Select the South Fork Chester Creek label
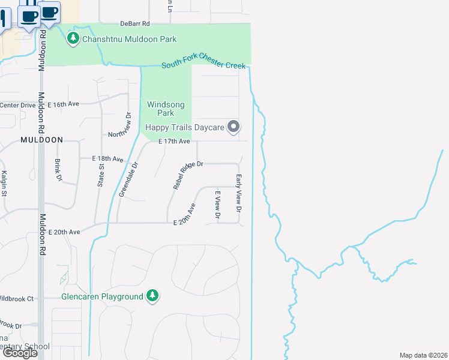[203, 65]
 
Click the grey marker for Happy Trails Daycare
[234, 127]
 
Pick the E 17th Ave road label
[174, 142]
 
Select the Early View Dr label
[238, 193]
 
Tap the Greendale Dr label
[128, 179]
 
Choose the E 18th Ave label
[107, 159]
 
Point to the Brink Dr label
[58, 170]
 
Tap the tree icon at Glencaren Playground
[153, 295]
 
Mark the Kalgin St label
[4, 184]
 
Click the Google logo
[20, 353]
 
